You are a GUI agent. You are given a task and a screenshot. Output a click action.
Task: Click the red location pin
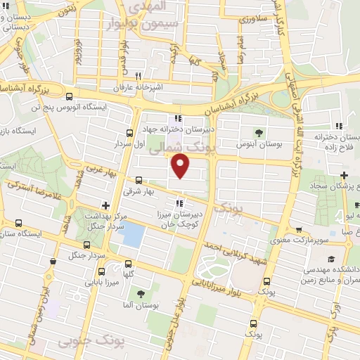point(181,167)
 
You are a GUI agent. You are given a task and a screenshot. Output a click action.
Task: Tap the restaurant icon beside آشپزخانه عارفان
point(139,77)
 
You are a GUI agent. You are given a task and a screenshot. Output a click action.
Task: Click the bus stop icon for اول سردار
point(129,132)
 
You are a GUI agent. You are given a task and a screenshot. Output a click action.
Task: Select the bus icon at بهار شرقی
point(139,179)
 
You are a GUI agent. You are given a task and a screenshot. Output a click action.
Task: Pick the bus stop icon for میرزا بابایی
point(101,272)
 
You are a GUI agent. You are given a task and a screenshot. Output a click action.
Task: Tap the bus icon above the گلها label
point(128,262)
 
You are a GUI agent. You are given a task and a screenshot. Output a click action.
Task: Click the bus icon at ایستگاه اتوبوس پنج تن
point(69,97)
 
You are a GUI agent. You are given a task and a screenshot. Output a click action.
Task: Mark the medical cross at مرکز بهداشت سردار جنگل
point(105,206)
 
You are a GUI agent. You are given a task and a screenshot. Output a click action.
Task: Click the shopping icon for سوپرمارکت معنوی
point(300,230)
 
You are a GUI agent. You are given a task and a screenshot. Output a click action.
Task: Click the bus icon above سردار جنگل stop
point(86,245)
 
